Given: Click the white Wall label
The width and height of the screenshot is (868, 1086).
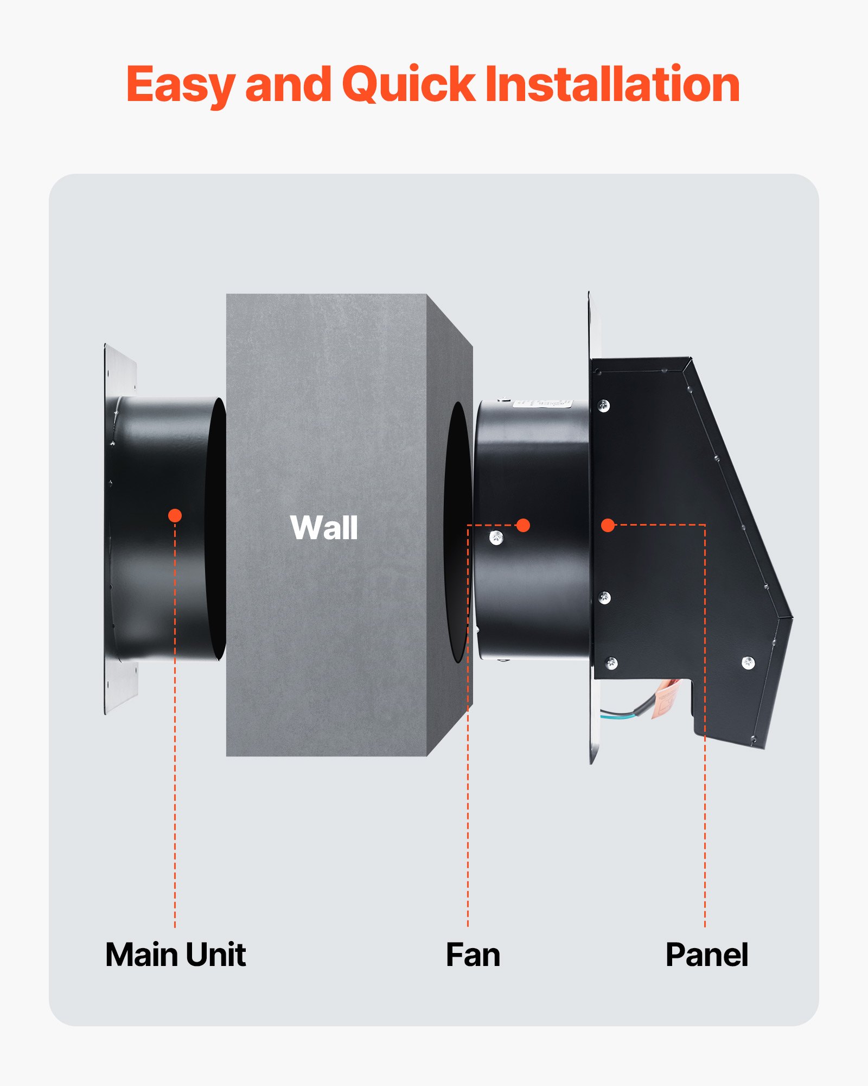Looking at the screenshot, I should click(324, 527).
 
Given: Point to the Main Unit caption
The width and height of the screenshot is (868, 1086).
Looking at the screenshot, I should click(175, 955).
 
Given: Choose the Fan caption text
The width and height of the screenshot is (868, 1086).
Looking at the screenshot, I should click(473, 955).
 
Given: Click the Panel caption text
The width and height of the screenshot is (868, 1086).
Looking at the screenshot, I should click(706, 955).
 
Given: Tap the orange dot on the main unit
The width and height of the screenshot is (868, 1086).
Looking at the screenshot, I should click(175, 515).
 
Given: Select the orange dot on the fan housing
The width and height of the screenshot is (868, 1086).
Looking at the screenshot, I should click(523, 525).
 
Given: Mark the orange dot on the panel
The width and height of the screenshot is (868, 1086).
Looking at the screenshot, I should click(608, 525).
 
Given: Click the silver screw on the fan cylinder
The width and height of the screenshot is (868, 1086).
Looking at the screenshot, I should click(496, 538).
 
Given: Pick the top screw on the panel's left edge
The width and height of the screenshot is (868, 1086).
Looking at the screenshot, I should click(603, 405).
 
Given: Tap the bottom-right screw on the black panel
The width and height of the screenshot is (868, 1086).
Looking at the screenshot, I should click(748, 662).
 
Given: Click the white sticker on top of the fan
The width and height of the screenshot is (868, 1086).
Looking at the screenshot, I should click(542, 404).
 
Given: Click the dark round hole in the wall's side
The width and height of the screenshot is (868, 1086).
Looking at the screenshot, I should click(457, 532).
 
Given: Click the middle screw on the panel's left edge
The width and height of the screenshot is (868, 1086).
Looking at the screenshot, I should click(604, 597).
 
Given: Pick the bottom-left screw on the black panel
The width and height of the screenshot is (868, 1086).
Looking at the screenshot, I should click(611, 662).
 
